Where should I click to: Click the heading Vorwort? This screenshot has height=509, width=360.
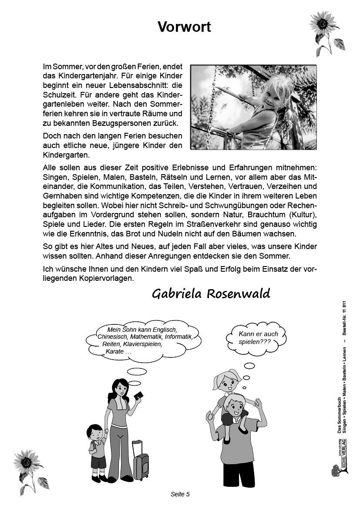[x=184, y=27]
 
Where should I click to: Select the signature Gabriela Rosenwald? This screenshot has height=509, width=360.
[x=211, y=293]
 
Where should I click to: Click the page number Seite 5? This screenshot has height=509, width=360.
[x=180, y=494]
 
